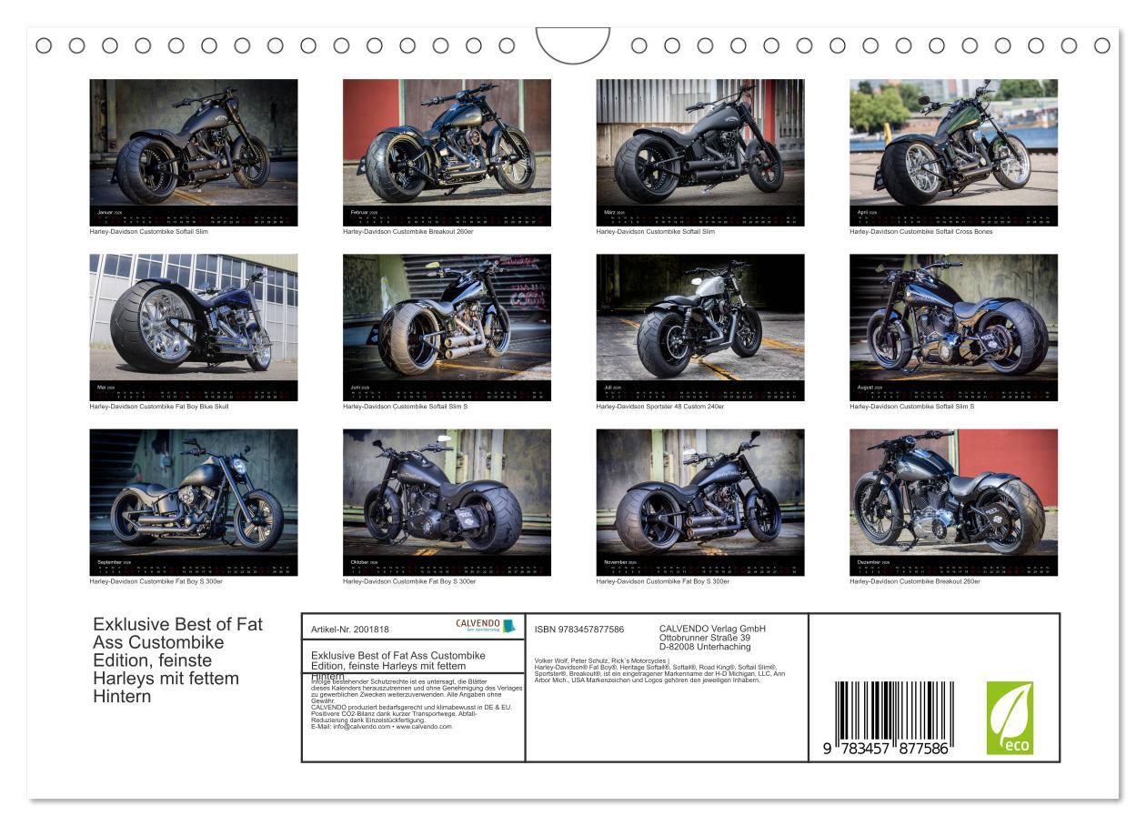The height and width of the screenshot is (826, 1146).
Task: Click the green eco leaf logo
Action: pyautogui.click(x=1010, y=718)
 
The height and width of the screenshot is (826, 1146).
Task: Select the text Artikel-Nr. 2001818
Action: pyautogui.click(x=349, y=629)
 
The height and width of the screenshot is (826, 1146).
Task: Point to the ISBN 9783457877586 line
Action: pyautogui.click(x=579, y=629)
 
